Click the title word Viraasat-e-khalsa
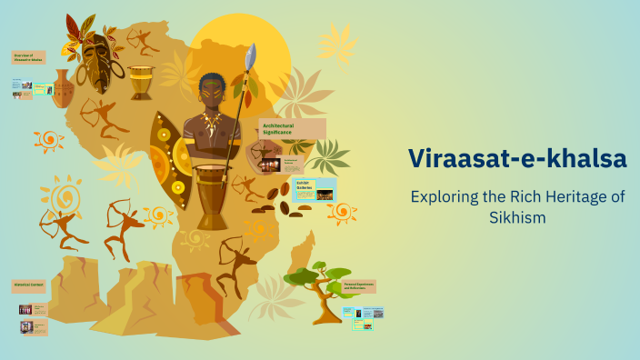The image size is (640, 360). click(517, 158)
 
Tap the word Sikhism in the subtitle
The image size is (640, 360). click(517, 218)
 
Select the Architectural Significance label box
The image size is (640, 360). click(291, 128)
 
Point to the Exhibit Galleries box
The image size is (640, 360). click(325, 187)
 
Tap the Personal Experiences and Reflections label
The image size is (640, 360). click(359, 286)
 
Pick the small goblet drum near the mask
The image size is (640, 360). click(141, 82)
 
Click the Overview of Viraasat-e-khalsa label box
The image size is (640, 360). click(28, 59)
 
